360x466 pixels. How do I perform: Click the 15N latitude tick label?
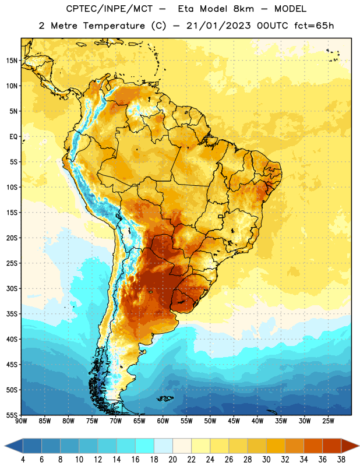12,61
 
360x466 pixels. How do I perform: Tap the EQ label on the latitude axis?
13,137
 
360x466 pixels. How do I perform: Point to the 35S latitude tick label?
12,314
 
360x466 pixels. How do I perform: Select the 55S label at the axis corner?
12,415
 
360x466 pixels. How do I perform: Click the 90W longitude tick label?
21,421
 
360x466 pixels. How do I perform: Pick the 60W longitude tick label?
163,421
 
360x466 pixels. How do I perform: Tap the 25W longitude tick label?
328,421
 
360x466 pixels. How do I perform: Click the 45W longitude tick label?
234,421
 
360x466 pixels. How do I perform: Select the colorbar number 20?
172,460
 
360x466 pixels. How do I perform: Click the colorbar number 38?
341,460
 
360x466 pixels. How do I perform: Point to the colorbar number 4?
23,460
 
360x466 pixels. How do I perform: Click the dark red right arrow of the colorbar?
350,446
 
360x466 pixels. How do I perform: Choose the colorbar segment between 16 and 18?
145,446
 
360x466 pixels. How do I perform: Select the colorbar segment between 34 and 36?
313,446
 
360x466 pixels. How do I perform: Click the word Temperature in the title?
114,26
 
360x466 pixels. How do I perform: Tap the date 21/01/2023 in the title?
219,26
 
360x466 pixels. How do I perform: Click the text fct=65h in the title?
314,26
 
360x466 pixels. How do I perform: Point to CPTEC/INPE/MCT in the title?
110,9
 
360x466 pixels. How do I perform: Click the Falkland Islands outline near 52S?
165,398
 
